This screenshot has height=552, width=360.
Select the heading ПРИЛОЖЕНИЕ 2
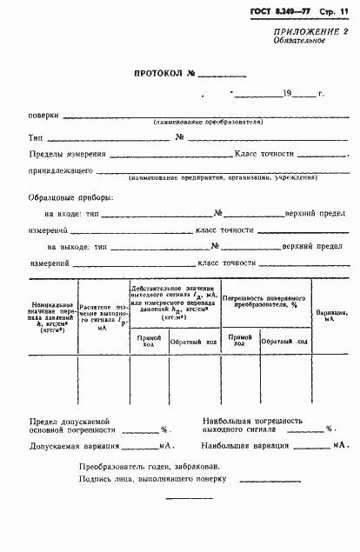click(x=311, y=32)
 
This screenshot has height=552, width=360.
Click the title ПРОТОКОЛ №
click(x=165, y=74)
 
